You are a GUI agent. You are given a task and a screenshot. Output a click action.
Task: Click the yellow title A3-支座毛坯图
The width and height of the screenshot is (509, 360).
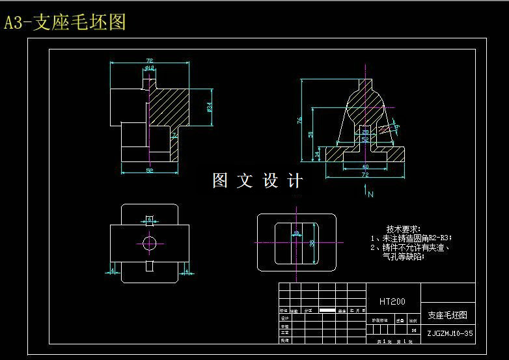pyautogui.click(x=64, y=23)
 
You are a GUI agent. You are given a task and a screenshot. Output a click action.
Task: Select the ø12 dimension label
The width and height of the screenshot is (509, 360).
pyautogui.click(x=148, y=67)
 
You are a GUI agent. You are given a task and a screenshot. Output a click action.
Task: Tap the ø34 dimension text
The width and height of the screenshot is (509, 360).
pyautogui.click(x=209, y=107)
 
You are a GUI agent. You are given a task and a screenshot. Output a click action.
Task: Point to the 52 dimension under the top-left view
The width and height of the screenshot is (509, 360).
pyautogui.click(x=150, y=171)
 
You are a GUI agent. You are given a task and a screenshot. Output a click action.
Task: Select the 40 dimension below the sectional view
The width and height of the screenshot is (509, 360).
pyautogui.click(x=365, y=167)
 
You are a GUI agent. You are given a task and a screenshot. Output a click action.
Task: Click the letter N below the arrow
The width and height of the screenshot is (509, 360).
pyautogui.click(x=370, y=194)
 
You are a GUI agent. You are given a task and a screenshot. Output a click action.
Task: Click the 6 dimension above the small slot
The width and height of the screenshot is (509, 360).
pyautogui.click(x=150, y=219)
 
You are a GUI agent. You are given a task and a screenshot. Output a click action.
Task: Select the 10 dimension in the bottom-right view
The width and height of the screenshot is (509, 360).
pyautogui.click(x=296, y=232)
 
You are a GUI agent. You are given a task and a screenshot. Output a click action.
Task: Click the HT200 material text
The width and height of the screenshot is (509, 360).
pyautogui.click(x=392, y=301)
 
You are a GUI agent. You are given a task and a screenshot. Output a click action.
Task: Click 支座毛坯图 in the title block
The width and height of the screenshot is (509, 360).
pyautogui.click(x=447, y=315)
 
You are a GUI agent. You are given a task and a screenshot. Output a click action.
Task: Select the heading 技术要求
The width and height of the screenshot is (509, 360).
pyautogui.click(x=404, y=229)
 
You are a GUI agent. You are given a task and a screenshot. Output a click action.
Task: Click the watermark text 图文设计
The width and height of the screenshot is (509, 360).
pyautogui.click(x=258, y=181)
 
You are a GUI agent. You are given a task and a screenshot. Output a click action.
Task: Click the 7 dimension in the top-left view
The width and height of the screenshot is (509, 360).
pyautogui.click(x=174, y=136)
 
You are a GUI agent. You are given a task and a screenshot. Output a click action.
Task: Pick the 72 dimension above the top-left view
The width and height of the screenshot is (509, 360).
pyautogui.click(x=149, y=60)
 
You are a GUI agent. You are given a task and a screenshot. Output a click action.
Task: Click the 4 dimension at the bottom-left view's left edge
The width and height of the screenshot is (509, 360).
pyautogui.click(x=113, y=270)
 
